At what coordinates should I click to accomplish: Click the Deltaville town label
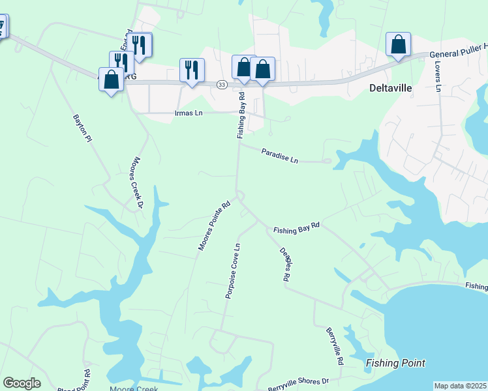(391, 88)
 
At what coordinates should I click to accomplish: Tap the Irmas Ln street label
(189, 113)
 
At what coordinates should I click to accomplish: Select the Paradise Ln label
(280, 155)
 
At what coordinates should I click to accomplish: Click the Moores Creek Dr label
(137, 182)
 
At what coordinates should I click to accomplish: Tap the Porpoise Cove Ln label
(233, 271)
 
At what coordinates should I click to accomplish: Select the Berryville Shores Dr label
(298, 383)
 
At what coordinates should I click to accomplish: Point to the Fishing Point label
(395, 363)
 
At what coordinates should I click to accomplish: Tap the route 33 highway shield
(222, 85)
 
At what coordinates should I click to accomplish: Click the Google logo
(22, 383)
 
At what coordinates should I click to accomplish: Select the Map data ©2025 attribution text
(460, 386)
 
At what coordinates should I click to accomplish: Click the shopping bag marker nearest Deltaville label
(398, 45)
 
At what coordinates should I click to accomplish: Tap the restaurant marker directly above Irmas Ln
(192, 70)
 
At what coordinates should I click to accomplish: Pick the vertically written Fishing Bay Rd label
(241, 115)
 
